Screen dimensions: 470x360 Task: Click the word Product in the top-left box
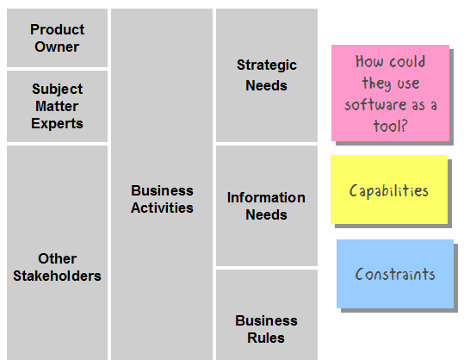coord(58,29)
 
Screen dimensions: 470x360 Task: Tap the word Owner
coord(57,47)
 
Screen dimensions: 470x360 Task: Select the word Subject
coord(58,89)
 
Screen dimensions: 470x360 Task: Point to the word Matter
coord(57,106)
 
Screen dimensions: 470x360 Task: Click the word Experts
coord(57,124)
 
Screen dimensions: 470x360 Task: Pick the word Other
coord(58,258)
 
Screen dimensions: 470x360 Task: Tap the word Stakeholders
coord(57,276)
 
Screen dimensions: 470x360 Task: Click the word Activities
coord(162,208)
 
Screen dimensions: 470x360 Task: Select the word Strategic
coord(267,65)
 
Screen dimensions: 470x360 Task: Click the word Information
coord(266,198)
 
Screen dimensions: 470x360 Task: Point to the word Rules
coord(266,338)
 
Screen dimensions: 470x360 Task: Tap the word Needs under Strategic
coord(266,86)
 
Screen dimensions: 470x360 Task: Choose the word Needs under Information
coord(266,215)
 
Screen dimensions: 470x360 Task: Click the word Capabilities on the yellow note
coord(389,191)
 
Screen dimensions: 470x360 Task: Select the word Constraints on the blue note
coord(395,274)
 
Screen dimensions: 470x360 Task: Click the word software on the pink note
coord(375,105)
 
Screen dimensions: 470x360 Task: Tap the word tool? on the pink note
coord(390,126)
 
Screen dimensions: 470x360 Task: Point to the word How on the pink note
coord(368,61)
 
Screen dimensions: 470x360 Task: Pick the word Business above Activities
coord(162,191)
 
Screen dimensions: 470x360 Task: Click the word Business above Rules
coord(266,320)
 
